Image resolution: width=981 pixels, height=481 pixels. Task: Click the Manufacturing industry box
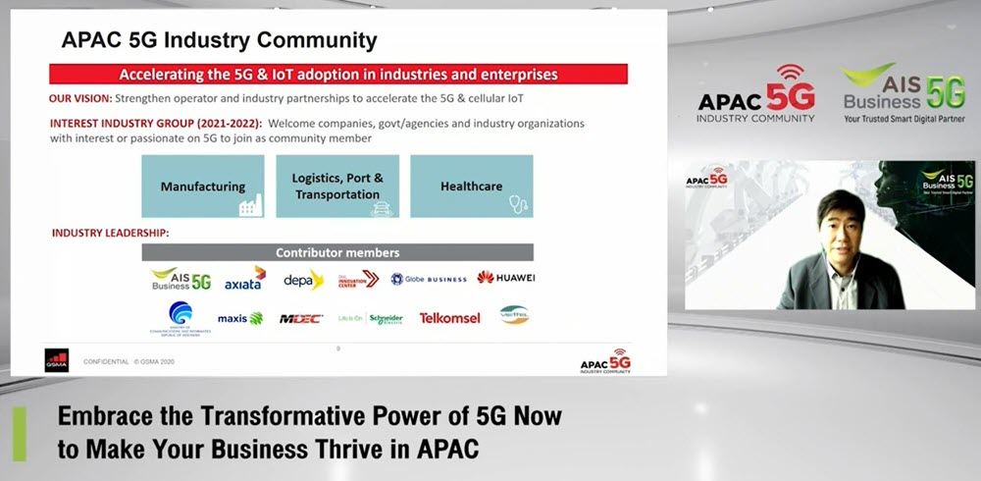click(x=203, y=187)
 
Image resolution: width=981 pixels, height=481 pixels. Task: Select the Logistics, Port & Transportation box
click(x=336, y=187)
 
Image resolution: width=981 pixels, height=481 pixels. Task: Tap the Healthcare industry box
click(x=471, y=187)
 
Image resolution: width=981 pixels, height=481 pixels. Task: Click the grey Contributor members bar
click(x=337, y=252)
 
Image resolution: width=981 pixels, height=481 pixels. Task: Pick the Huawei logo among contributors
click(x=506, y=278)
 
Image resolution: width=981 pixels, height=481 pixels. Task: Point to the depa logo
click(x=303, y=280)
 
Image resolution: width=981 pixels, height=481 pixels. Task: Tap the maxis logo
click(x=240, y=318)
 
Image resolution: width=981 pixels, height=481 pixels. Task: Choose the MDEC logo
click(x=300, y=318)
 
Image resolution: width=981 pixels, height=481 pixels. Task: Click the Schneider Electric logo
click(x=371, y=318)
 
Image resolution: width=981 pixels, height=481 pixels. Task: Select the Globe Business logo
click(x=429, y=279)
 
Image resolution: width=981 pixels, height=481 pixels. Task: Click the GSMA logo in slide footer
click(x=56, y=360)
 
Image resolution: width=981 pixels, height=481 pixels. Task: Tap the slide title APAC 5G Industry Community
click(x=219, y=40)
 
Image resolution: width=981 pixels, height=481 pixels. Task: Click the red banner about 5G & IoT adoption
click(x=338, y=75)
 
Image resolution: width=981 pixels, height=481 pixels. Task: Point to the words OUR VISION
click(x=79, y=99)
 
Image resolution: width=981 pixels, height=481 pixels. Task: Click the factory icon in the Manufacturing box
click(x=249, y=205)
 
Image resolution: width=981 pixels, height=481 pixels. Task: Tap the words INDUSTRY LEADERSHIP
click(x=110, y=233)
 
